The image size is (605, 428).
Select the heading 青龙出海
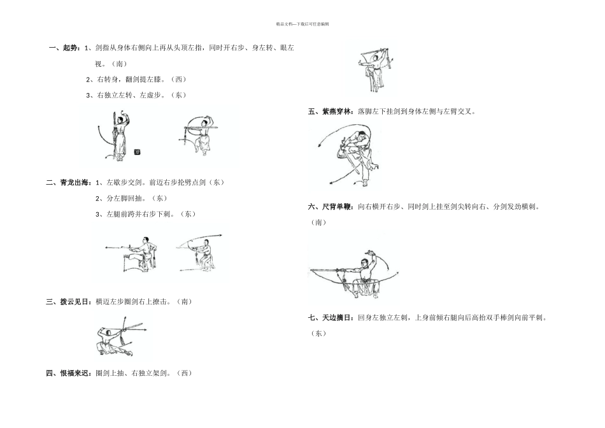click(75, 182)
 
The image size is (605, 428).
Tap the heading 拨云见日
click(75, 301)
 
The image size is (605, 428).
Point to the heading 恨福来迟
click(75, 373)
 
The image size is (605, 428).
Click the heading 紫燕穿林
click(338, 111)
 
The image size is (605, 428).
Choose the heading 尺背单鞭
click(338, 207)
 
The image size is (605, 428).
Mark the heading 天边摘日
click(338, 317)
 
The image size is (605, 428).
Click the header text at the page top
click(302, 24)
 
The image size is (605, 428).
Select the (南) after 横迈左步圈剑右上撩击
click(183, 301)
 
